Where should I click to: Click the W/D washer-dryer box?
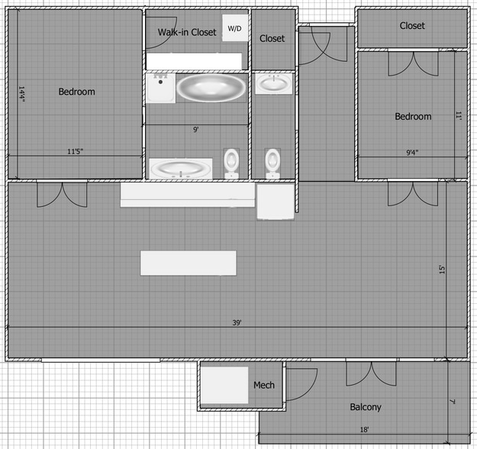pos(234,28)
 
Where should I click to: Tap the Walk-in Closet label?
pos(187,32)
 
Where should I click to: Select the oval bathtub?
pos(212,87)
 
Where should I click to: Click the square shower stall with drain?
pos(160,87)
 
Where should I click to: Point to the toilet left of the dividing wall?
pos(232,163)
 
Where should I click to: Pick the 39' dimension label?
pos(237,323)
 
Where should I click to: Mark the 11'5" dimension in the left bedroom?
pos(75,151)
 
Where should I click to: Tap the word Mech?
pos(263,385)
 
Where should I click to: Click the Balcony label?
pos(366,407)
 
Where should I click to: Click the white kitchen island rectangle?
pos(189,263)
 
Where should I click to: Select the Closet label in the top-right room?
pos(412,26)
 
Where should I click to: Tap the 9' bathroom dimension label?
pos(196,130)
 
